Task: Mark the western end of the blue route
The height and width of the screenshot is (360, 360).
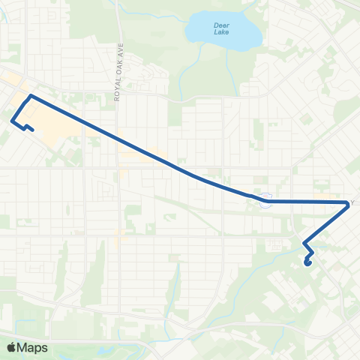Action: (x=32, y=130)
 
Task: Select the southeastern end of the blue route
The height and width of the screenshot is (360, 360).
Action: (x=308, y=262)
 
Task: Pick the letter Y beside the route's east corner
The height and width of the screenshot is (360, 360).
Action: (x=352, y=202)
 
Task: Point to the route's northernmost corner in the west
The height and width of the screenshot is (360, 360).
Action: (x=29, y=96)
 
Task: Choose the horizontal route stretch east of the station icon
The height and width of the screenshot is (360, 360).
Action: (x=307, y=202)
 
